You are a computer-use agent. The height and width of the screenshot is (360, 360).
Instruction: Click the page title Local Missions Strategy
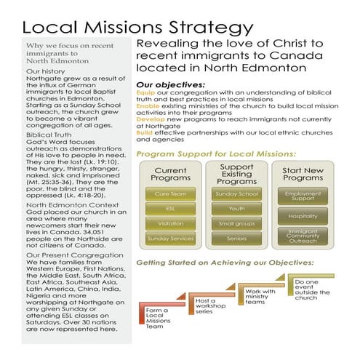pyautogui.click(x=138, y=28)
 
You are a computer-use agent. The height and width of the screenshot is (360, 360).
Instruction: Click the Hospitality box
pyautogui.click(x=303, y=215)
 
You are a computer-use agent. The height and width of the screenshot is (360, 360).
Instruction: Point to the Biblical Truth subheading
pyautogui.click(x=50, y=135)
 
